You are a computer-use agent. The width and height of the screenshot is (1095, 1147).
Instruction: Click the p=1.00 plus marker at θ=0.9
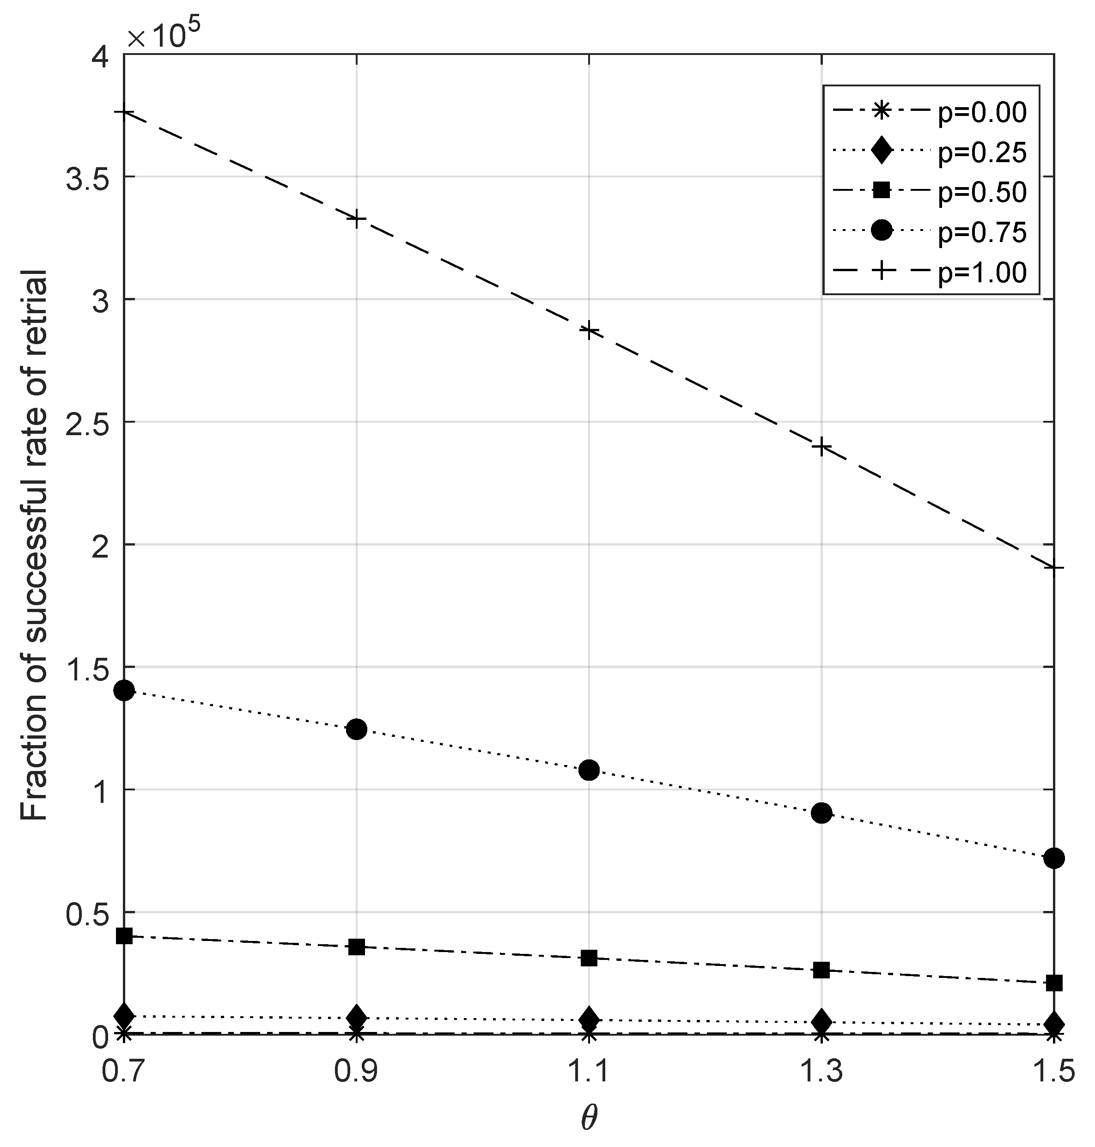[357, 219]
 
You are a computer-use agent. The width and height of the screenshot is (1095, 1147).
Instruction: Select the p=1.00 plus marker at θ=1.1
[590, 330]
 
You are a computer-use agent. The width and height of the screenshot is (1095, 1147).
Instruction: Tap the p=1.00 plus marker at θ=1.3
[822, 448]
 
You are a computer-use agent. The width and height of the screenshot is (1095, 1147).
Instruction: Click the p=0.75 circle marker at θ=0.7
[124, 691]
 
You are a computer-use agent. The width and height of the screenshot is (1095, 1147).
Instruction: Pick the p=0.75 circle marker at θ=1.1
[590, 770]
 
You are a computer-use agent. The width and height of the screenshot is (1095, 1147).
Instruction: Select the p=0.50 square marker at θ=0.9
[357, 947]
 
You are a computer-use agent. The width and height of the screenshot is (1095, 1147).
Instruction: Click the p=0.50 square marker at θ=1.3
[822, 970]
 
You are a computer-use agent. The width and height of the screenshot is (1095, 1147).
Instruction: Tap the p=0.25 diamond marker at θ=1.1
[590, 1019]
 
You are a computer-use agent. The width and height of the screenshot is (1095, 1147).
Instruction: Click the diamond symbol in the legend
[882, 152]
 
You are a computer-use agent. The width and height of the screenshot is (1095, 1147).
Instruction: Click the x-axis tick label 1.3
[822, 1072]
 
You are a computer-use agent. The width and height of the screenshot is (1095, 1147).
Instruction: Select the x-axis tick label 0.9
[357, 1072]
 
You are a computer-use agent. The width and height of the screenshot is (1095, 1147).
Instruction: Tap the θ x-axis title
[590, 1118]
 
